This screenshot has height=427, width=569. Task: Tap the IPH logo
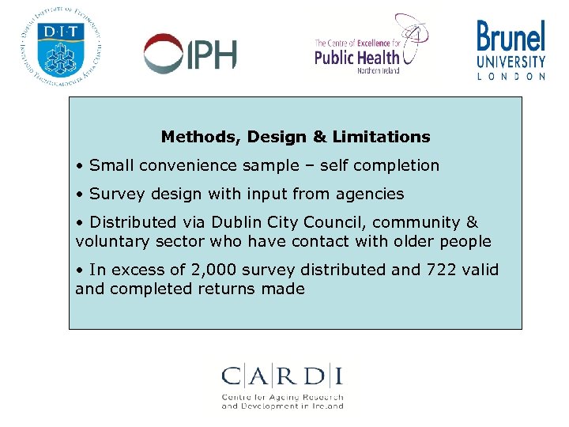point(190,54)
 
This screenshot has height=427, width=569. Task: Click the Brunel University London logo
point(511,50)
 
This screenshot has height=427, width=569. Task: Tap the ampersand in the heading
point(319,137)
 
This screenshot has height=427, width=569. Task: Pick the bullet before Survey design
point(81,195)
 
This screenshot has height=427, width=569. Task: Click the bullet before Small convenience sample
point(81,166)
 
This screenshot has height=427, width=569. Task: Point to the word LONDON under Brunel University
point(511,77)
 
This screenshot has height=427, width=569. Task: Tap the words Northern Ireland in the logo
point(378,70)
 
